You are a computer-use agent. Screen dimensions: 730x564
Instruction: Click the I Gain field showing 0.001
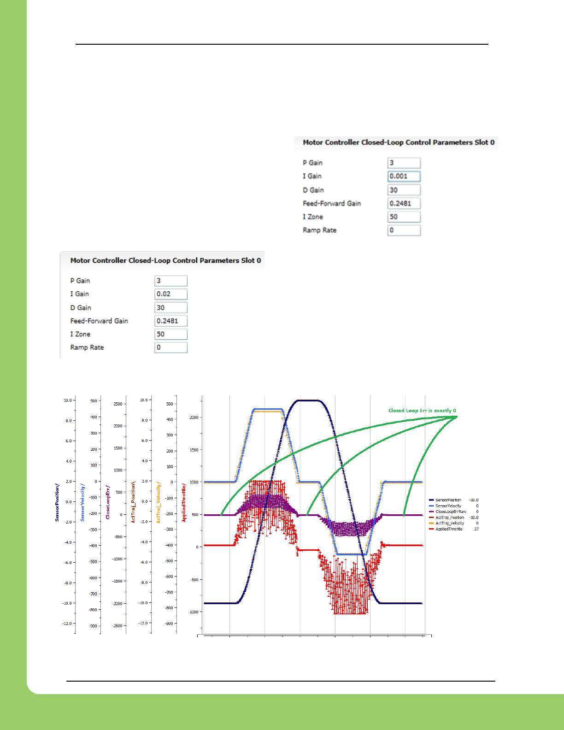tap(404, 176)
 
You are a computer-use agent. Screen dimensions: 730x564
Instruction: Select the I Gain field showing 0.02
tap(170, 294)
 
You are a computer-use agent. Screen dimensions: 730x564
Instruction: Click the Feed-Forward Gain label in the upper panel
tap(332, 203)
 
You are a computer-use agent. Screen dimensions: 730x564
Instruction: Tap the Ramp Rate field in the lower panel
tap(170, 347)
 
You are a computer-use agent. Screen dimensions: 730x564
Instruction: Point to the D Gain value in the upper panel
tap(404, 190)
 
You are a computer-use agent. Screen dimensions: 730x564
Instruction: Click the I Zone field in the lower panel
tap(170, 334)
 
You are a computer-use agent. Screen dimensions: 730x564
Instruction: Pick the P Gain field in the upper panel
tap(404, 163)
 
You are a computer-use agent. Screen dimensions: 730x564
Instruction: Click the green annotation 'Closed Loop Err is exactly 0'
tap(422, 411)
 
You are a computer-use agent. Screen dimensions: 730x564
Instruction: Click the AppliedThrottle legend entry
tap(448, 529)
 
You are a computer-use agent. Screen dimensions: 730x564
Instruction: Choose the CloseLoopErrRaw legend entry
tap(450, 512)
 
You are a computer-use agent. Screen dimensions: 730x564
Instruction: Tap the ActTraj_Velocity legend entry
tap(449, 523)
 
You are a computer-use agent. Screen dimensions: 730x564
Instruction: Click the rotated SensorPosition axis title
tap(57, 502)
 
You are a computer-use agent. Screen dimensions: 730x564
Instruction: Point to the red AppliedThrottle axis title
tap(184, 502)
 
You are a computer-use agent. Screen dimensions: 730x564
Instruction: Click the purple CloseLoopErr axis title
tap(108, 502)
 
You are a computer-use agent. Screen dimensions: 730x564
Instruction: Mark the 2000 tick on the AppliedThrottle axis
tap(194, 418)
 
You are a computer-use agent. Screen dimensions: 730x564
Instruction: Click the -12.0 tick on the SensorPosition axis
tap(67, 624)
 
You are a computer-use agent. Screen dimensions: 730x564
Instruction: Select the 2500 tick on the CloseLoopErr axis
tap(118, 404)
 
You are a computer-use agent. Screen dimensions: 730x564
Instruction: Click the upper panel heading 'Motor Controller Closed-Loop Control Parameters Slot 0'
tap(399, 142)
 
